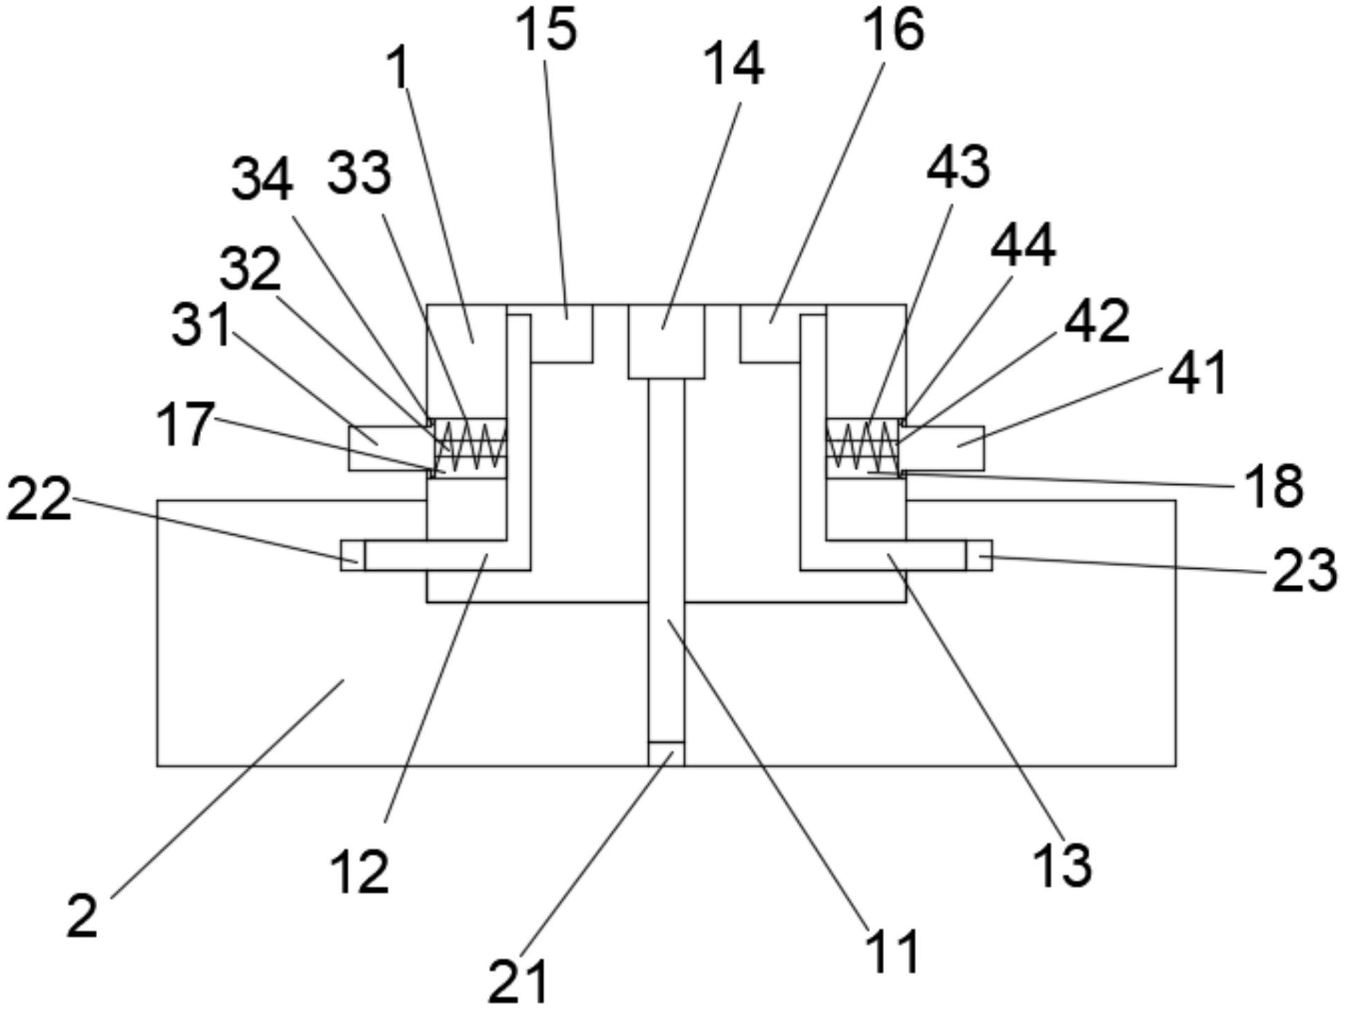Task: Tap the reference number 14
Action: click(734, 64)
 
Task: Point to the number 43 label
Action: click(959, 167)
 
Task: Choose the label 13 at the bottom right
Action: click(1062, 866)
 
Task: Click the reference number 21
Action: click(518, 981)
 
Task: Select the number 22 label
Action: click(39, 498)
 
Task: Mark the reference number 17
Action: click(184, 424)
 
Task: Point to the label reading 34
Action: click(262, 179)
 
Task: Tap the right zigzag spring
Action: click(862, 444)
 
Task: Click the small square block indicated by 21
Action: click(666, 754)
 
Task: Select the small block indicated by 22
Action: click(353, 556)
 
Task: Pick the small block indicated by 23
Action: click(979, 556)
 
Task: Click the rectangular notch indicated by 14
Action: click(666, 341)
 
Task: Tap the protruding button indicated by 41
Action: click(941, 448)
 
